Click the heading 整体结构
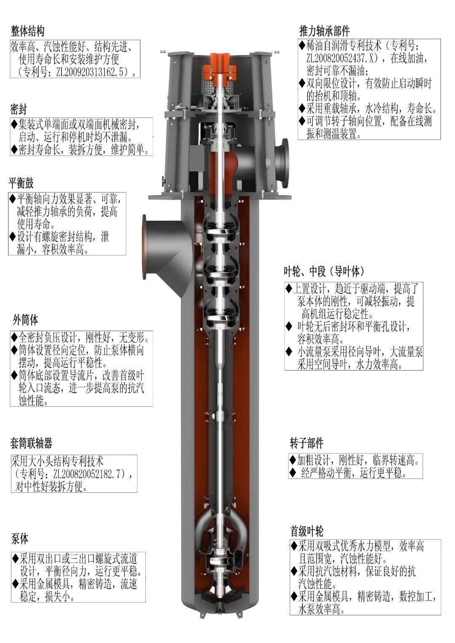[x=27, y=31]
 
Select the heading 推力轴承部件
[x=324, y=31]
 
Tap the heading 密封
[x=18, y=109]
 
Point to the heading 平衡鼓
[x=21, y=183]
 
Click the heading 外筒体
[x=25, y=320]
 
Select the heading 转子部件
[x=307, y=443]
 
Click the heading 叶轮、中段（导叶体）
[x=324, y=271]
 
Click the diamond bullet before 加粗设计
[x=292, y=460]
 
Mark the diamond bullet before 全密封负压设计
[x=14, y=337]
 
